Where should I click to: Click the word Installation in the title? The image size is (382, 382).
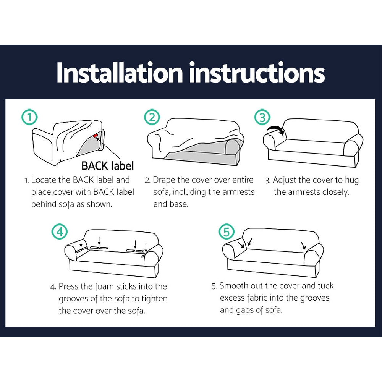tap(120, 72)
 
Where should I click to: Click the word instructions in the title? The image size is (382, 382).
tap(257, 72)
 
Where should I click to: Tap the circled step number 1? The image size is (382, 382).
tap(29, 117)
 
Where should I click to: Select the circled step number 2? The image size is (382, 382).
tap(152, 117)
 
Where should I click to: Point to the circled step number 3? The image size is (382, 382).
tap(262, 117)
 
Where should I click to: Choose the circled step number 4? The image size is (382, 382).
tap(60, 232)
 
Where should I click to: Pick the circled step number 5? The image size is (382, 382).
tap(227, 232)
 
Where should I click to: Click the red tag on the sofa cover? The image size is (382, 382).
tap(95, 136)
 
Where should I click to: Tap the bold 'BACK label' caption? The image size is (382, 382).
tap(107, 166)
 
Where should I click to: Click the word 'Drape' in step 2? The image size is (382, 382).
tap(165, 180)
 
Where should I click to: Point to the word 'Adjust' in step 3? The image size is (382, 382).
tap(285, 180)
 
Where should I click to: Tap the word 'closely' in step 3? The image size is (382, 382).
tap(335, 192)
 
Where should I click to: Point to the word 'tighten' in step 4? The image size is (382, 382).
tap(153, 298)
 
